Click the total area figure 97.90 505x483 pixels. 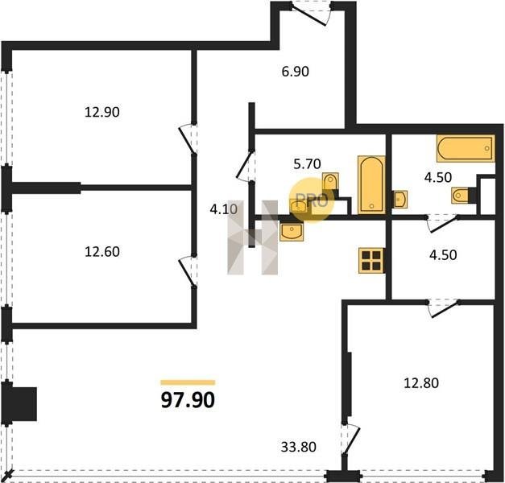coord(188,400)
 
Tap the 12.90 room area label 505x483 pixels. coord(102,113)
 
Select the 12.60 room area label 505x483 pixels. coord(102,252)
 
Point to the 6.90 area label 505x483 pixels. coord(296,72)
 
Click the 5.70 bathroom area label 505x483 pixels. coord(307,164)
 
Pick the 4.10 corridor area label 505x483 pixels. coord(224,209)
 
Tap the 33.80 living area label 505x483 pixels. coord(299,447)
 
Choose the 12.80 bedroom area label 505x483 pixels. coord(421,383)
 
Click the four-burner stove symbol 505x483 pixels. coord(371,261)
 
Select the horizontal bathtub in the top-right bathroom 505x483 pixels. coord(466,148)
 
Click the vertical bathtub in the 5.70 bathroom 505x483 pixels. coord(371,185)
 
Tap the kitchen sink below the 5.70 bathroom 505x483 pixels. coord(292,232)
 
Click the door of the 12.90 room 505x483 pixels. coord(188,138)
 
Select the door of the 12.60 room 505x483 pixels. coord(188,270)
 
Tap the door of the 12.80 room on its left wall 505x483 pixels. coord(351,439)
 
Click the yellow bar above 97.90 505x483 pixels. coord(188,382)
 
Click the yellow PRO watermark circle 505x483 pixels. coord(312,200)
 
